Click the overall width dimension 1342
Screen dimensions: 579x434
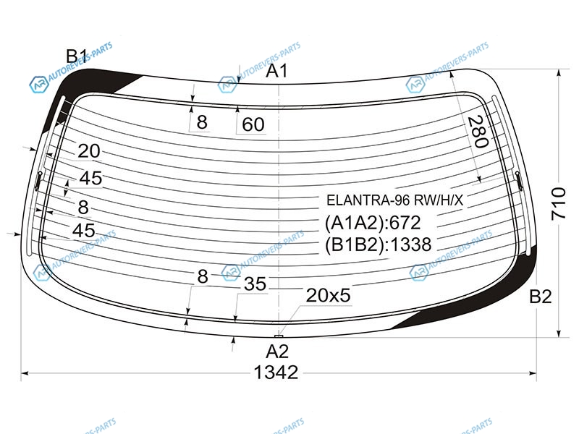[276, 373]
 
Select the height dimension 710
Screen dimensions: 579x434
[558, 204]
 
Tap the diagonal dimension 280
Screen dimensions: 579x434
[478, 132]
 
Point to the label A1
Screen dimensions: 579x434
[276, 70]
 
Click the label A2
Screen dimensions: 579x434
[277, 352]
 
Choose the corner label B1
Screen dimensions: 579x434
[77, 56]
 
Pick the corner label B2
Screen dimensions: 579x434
[541, 297]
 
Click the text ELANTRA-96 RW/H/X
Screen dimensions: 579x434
[394, 200]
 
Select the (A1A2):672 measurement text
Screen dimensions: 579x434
[373, 223]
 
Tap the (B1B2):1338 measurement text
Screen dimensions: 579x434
[378, 244]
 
